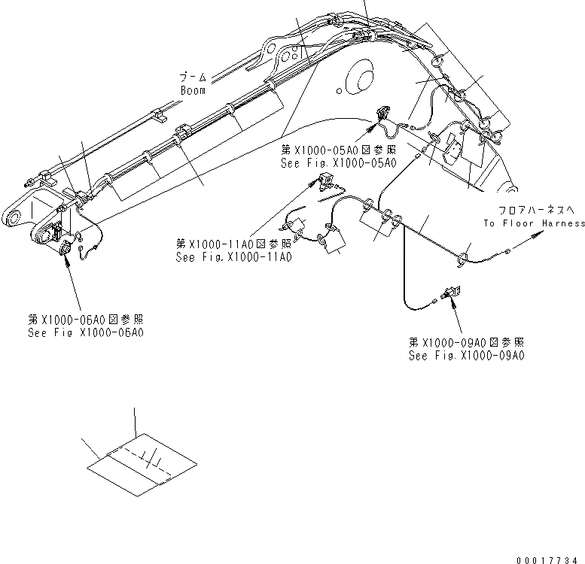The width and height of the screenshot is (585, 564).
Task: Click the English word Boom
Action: [193, 90]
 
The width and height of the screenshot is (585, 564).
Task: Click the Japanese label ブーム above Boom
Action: [192, 77]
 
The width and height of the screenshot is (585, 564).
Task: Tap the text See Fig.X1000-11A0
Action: [233, 256]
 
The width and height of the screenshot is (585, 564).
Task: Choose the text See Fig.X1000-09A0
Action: [466, 355]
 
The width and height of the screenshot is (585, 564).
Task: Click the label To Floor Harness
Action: [534, 223]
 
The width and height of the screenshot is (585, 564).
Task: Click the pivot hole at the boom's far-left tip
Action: [11, 219]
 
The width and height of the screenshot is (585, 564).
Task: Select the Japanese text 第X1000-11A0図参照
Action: [233, 244]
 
